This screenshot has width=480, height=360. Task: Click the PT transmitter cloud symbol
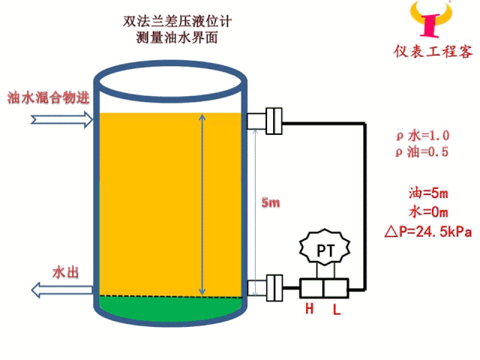point(324,249)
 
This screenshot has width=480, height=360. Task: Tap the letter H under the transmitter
point(309,308)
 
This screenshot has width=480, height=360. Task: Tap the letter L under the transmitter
point(336,308)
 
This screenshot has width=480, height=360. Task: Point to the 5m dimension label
point(270,202)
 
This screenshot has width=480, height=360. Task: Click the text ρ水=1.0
point(422,136)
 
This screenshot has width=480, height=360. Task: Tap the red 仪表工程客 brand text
point(433,52)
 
